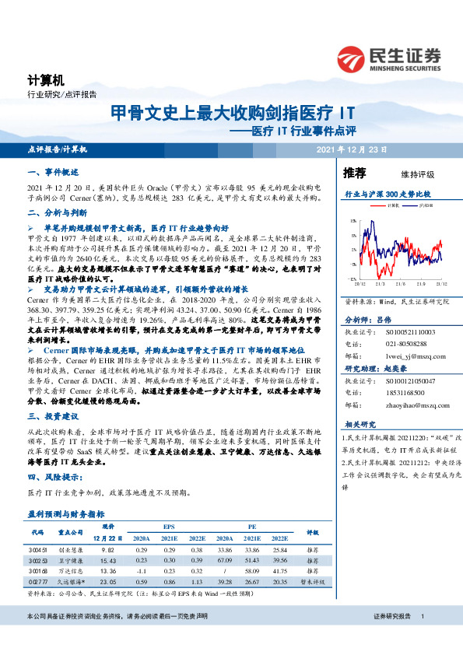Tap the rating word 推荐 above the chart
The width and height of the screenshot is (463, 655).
click(355, 172)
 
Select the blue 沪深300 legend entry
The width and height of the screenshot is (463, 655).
click(424, 205)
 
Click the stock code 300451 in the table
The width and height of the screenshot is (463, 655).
click(40, 550)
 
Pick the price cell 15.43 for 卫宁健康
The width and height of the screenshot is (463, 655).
click(108, 560)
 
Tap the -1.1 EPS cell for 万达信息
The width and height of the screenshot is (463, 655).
click(142, 570)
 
